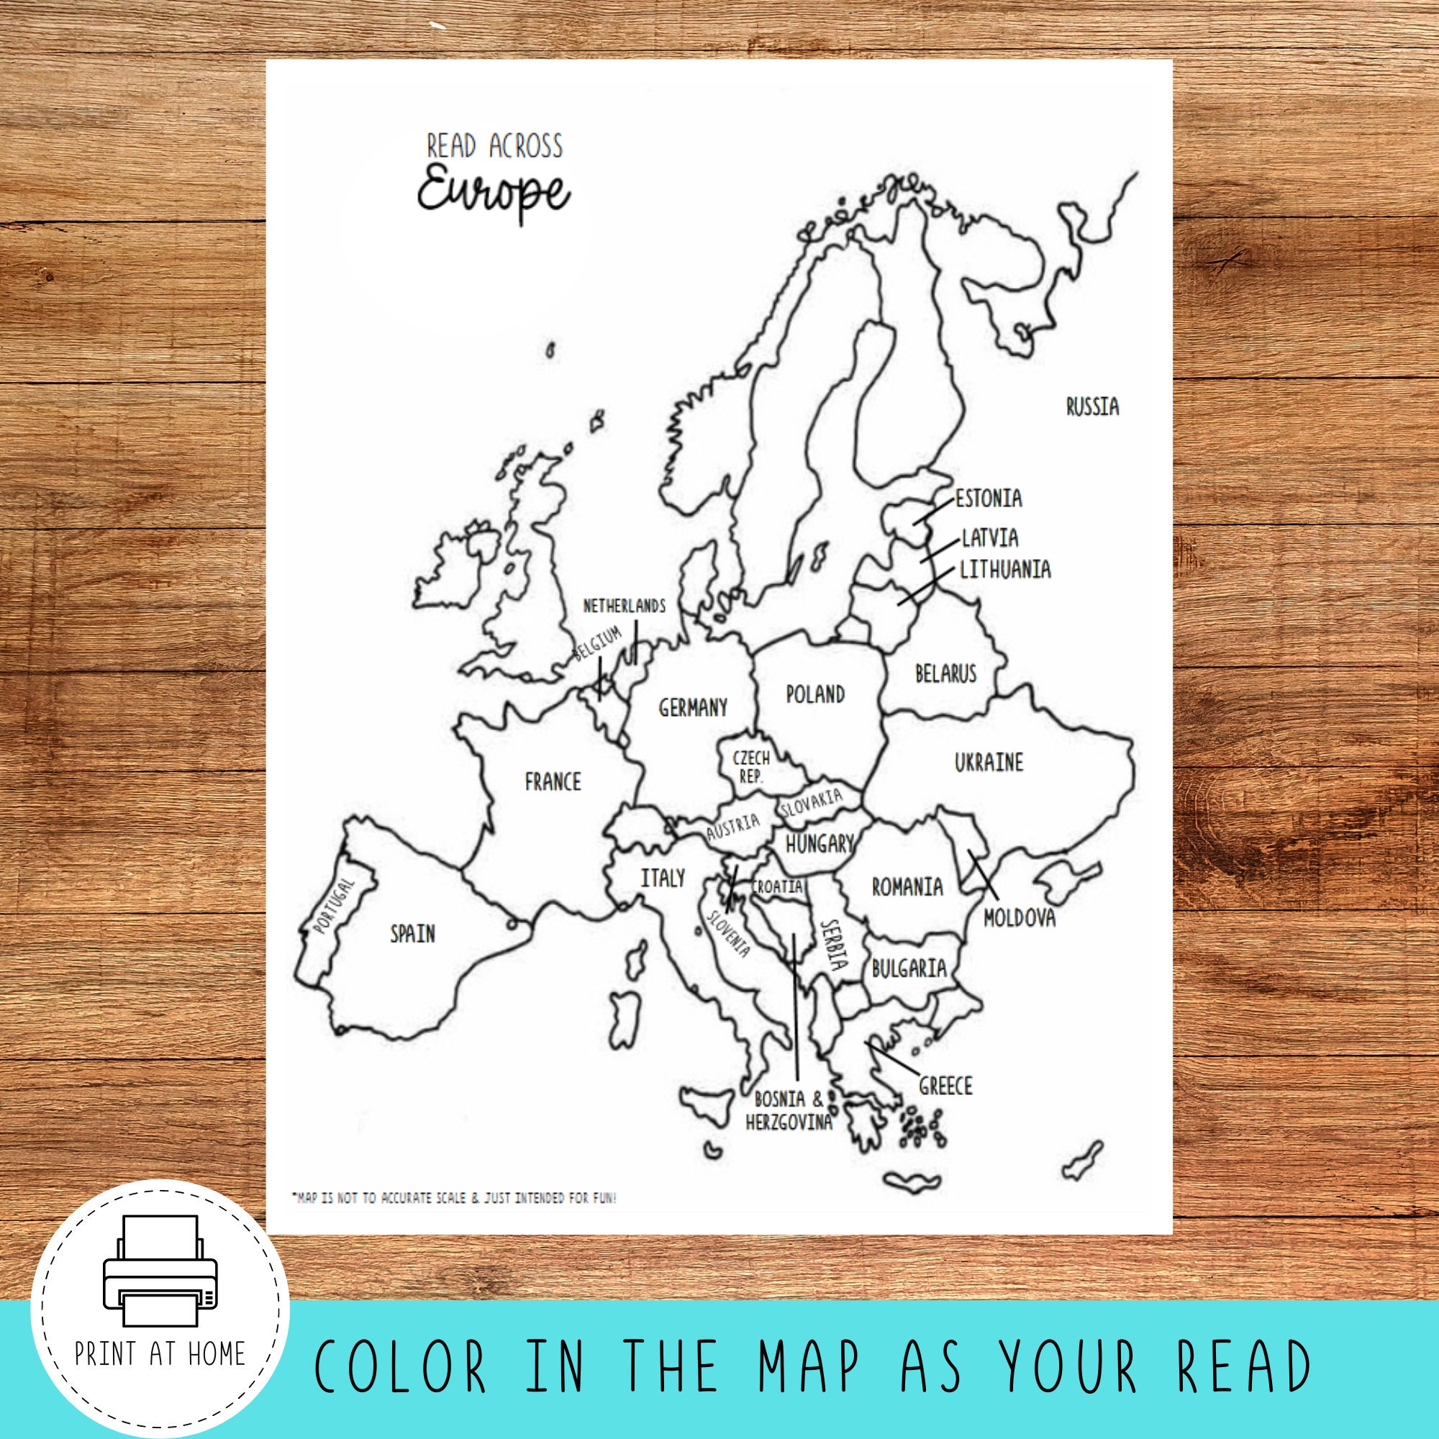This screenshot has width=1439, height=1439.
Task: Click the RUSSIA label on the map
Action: (1092, 407)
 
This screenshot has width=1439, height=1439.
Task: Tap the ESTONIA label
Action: (989, 499)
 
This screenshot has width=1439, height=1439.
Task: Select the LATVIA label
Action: (990, 537)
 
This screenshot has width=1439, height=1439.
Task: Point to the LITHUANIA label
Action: (1004, 570)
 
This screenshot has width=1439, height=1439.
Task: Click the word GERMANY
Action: (693, 707)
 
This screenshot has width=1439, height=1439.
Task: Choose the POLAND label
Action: (816, 694)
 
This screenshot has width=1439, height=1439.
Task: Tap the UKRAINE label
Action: (989, 762)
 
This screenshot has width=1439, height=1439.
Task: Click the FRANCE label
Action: (553, 781)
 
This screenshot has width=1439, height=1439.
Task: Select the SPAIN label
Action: (412, 933)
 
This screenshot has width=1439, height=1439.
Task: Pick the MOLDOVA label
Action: (1019, 917)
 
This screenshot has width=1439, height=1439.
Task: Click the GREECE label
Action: (945, 1086)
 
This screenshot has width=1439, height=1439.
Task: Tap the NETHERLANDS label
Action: (624, 607)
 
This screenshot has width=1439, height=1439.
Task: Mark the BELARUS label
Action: (945, 673)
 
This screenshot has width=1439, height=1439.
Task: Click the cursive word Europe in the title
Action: (494, 193)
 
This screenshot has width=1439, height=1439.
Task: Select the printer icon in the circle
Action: (160, 1271)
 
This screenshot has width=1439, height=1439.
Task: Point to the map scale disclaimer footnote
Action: (453, 1199)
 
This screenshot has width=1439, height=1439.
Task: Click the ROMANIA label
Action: (907, 887)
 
